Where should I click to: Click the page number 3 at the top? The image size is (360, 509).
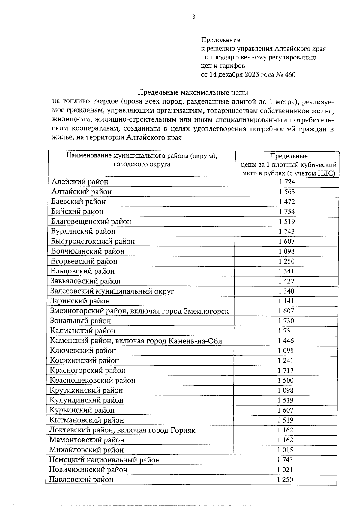pos(193,17)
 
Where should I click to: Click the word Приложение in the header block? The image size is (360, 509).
pos(220,40)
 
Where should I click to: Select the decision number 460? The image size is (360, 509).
pos(290,75)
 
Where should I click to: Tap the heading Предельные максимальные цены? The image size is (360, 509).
pos(193,92)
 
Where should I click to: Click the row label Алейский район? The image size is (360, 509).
pos(80,182)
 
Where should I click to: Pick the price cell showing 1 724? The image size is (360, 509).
pos(287,182)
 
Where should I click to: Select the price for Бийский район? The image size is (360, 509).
pos(287,212)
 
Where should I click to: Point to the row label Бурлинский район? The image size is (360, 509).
pos(83,231)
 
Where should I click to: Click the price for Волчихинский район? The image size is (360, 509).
pos(286,251)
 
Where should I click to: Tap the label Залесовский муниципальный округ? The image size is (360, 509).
pos(112,291)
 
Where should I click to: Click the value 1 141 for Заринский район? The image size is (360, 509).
pos(286,301)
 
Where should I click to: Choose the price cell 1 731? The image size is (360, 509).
pos(286,331)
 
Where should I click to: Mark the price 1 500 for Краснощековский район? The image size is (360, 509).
pos(286,381)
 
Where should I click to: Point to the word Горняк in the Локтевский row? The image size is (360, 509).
pos(183,430)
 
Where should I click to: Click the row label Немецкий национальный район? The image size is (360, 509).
pos(104,460)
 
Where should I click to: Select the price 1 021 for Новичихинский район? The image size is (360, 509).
pos(285,470)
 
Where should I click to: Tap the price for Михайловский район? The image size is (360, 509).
pos(285,450)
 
